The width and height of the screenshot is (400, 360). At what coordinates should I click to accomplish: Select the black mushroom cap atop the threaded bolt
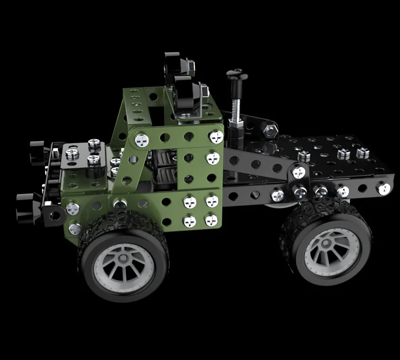pyautogui.click(x=237, y=75)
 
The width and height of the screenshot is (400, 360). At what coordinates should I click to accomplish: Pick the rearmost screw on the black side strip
pyautogui.click(x=381, y=188)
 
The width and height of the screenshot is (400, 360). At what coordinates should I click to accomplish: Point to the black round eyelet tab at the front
pyautogui.click(x=52, y=213)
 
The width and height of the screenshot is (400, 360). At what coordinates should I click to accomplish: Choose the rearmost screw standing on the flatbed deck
pyautogui.click(x=363, y=152)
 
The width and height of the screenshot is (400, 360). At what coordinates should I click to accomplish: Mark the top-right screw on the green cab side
pyautogui.click(x=217, y=136)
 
